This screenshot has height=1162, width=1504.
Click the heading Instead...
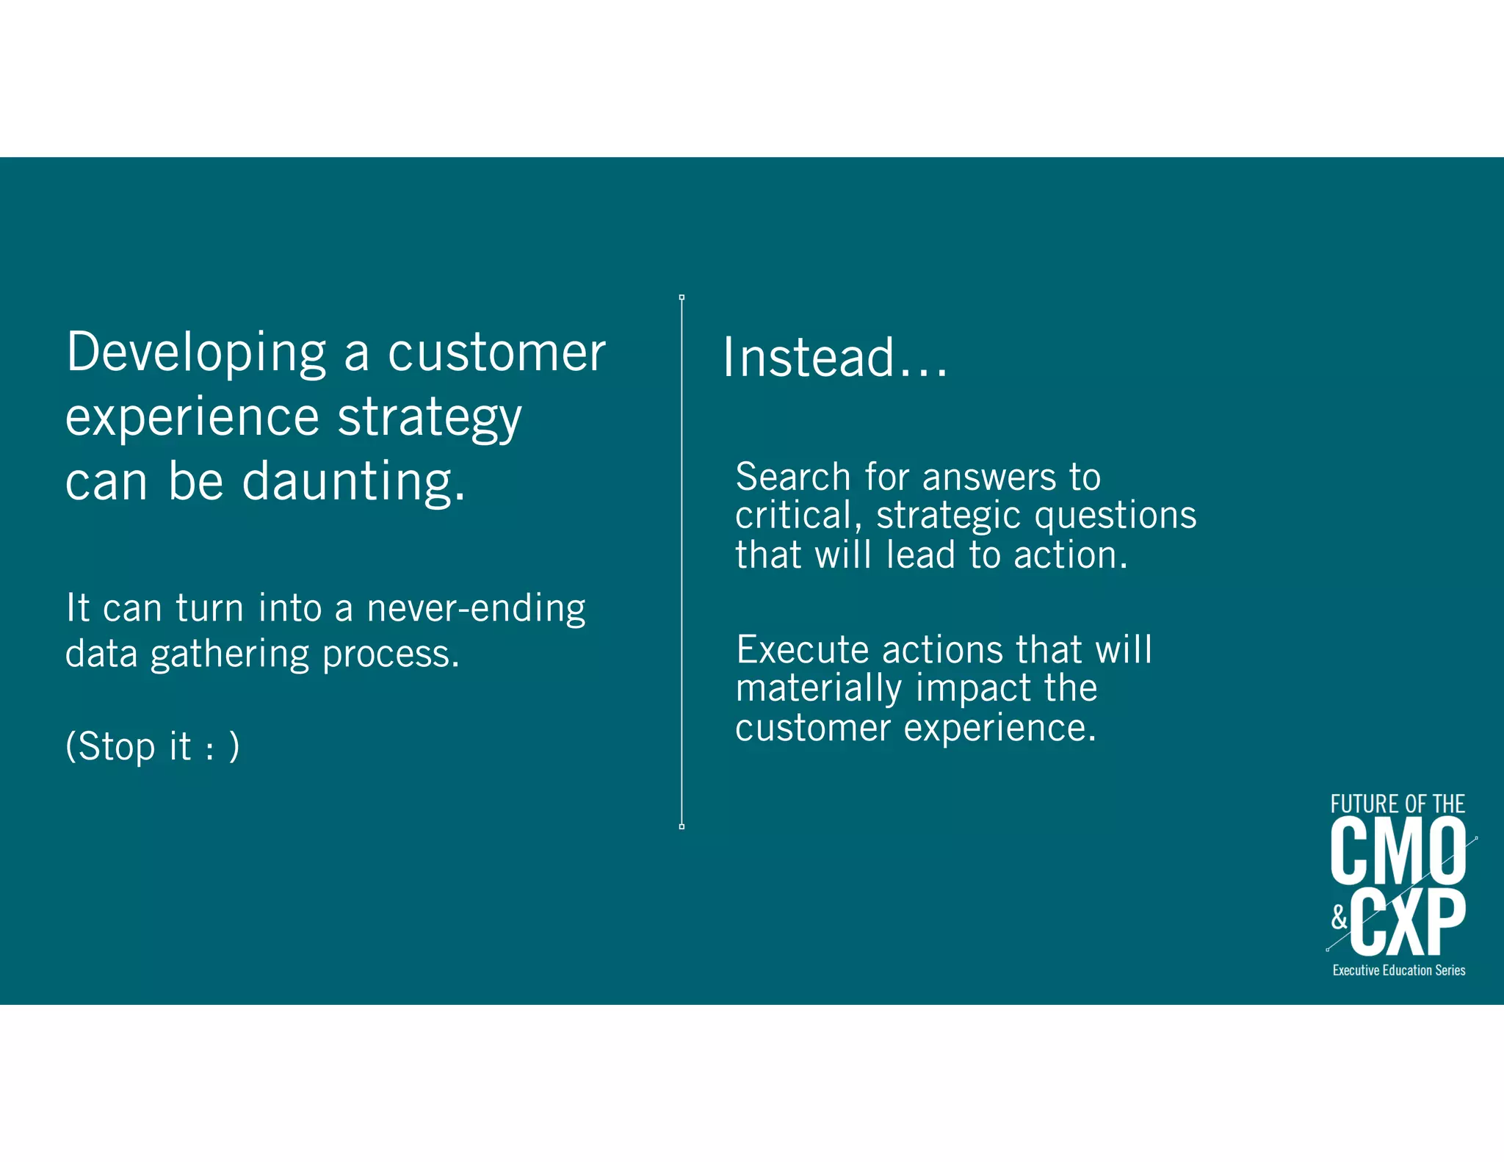click(x=834, y=358)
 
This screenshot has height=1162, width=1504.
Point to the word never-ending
click(x=475, y=608)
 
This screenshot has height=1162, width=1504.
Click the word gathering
click(x=230, y=654)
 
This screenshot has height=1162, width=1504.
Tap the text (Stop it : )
click(x=152, y=746)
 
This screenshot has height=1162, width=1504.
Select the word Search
click(x=792, y=477)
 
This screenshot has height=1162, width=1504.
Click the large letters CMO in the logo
click(x=1397, y=852)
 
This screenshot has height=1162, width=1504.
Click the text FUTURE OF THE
click(x=1397, y=804)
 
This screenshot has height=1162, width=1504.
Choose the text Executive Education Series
click(x=1398, y=970)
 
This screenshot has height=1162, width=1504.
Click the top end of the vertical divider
click(x=681, y=297)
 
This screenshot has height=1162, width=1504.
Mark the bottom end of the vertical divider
click(x=681, y=826)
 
